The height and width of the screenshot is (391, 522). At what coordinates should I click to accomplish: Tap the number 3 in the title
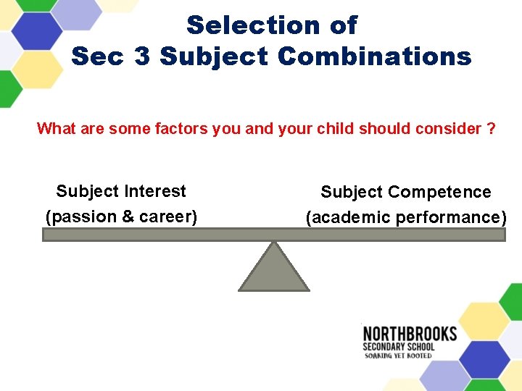click(142, 56)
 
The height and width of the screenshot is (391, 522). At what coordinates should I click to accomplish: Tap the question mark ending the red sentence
click(492, 129)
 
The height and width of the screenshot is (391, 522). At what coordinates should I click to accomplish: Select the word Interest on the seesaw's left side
click(155, 191)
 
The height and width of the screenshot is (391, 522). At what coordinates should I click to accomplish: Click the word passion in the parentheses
click(80, 216)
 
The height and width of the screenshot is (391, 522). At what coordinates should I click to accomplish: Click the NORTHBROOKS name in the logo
click(410, 334)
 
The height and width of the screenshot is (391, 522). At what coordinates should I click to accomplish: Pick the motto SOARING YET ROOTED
click(398, 356)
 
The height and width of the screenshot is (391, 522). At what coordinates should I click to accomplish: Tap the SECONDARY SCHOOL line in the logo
click(399, 346)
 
